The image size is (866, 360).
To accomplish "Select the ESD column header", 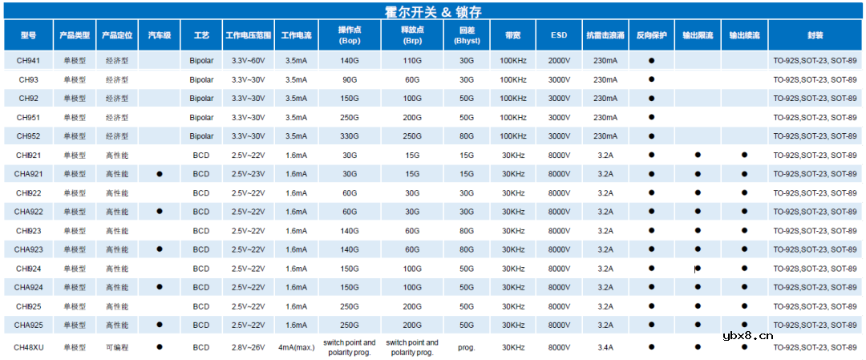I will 559,36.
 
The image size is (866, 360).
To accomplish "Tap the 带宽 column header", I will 513,36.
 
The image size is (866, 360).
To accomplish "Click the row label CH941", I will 28,61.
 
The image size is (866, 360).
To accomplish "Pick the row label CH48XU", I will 28,347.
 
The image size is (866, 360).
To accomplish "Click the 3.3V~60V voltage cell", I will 248,61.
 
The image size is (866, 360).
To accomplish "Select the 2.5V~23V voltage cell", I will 248,174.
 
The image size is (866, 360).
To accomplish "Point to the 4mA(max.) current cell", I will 296,347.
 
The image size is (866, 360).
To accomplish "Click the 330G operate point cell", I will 350,136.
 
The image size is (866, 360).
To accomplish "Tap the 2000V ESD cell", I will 559,61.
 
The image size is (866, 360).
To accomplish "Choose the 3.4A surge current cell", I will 605,347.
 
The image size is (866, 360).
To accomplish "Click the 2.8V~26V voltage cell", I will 248,347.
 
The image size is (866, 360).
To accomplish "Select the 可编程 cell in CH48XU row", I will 117,347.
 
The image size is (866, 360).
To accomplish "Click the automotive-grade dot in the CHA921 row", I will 160,173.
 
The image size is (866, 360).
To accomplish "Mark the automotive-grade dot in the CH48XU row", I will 160,346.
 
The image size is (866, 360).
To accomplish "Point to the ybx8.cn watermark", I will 747,337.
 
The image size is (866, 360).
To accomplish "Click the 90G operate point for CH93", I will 350,79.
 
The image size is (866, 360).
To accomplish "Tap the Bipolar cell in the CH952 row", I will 202,136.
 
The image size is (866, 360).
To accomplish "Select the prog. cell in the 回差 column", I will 467,347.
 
